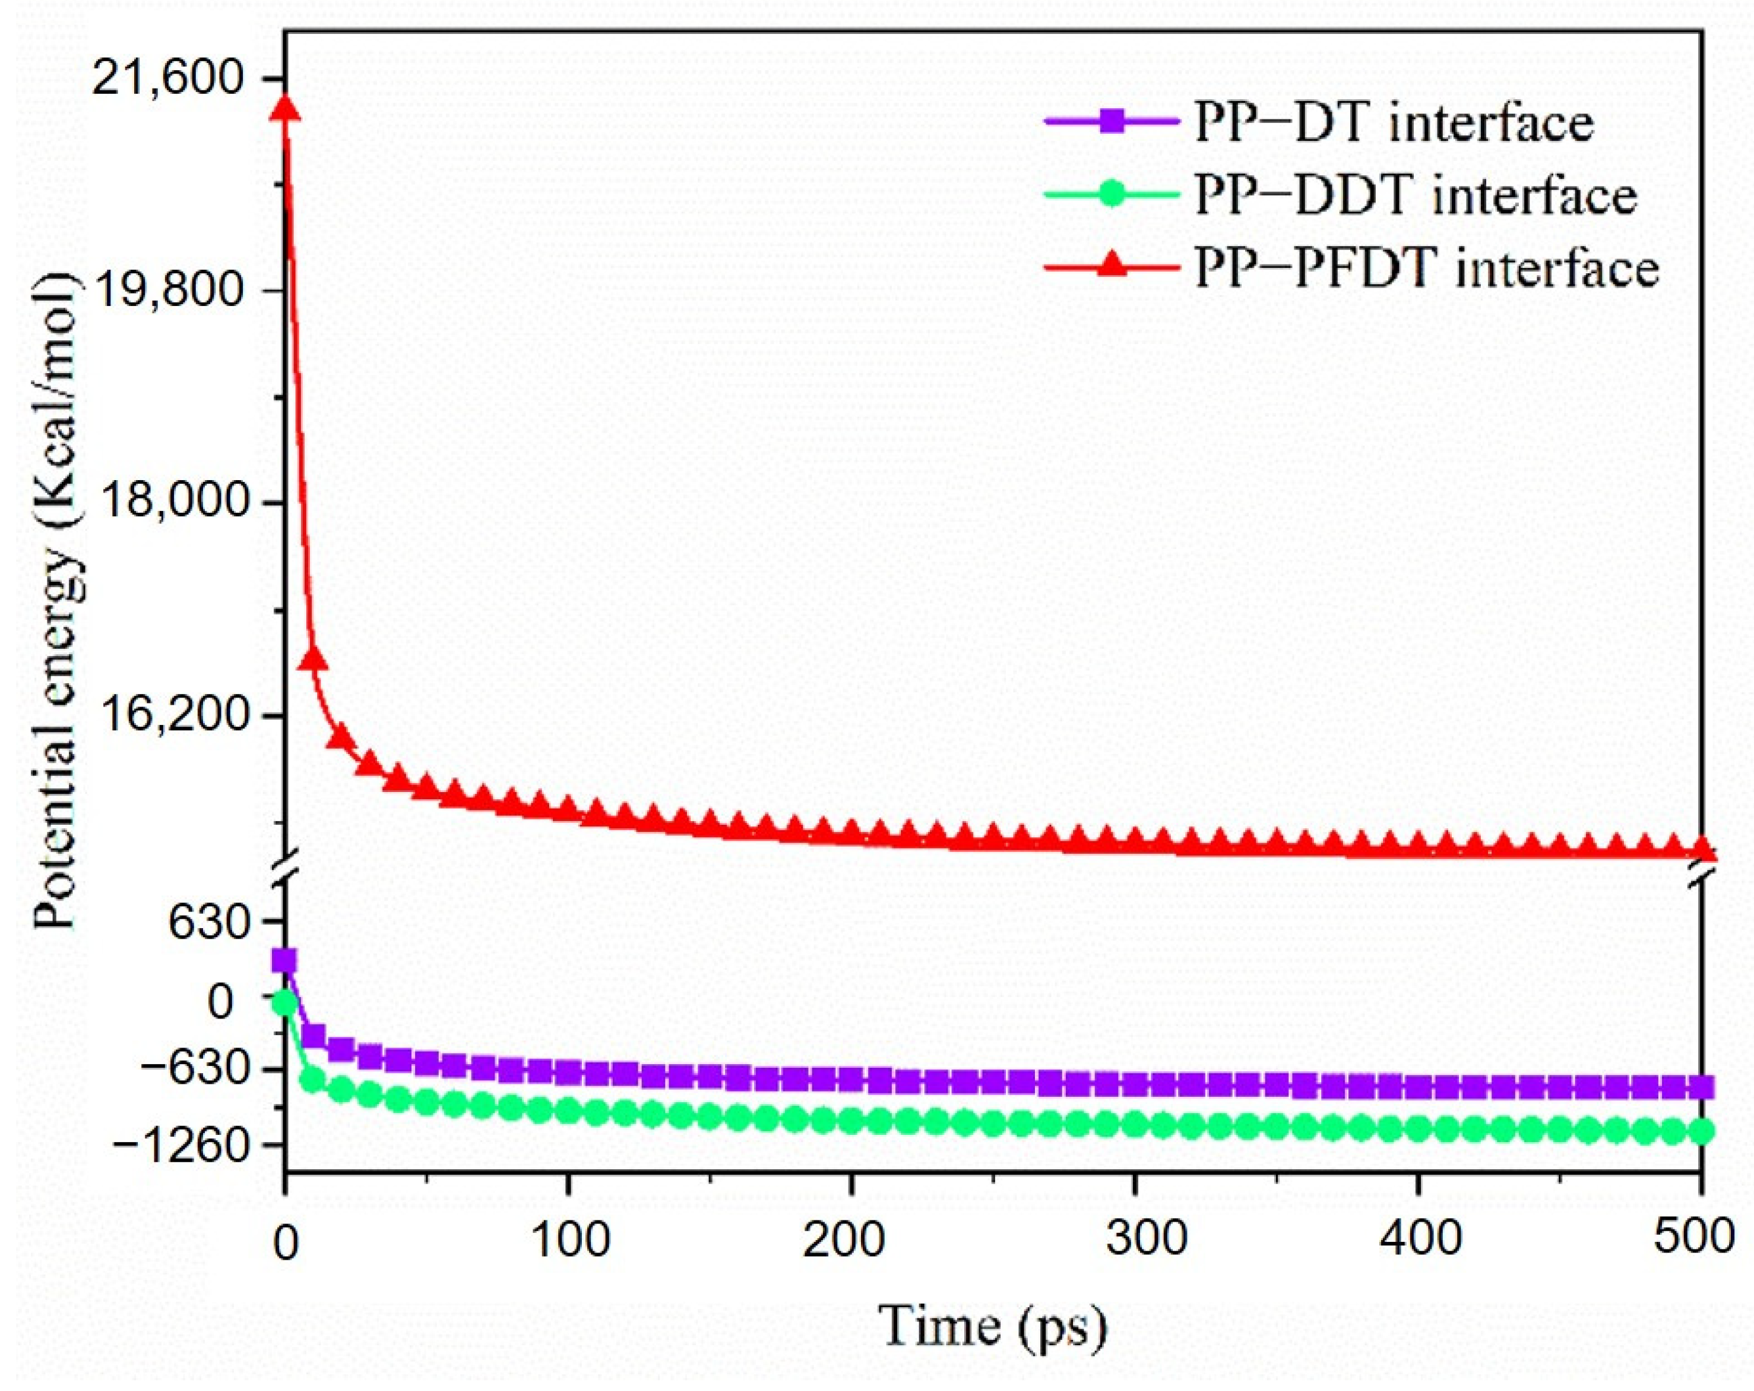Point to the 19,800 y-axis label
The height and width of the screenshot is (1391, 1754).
pyautogui.click(x=169, y=290)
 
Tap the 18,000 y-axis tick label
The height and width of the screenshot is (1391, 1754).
pyautogui.click(x=169, y=501)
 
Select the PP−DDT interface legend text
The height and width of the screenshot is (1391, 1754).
pyautogui.click(x=1416, y=195)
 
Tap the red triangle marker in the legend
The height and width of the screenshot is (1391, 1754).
pyautogui.click(x=1112, y=266)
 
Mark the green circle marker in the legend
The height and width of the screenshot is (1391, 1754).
pyautogui.click(x=1112, y=195)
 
